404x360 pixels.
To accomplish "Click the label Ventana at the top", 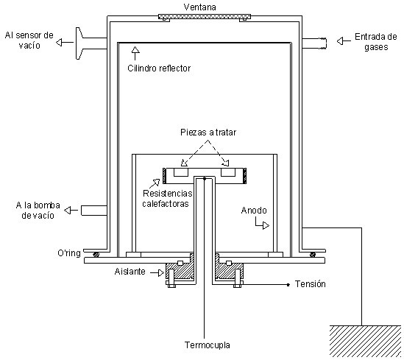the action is click(199, 7).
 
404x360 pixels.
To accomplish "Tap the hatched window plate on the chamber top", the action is click(205, 17).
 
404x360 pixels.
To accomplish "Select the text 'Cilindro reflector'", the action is click(159, 68).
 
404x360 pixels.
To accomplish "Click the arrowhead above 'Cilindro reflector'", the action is click(135, 50).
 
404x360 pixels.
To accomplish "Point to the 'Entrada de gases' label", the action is click(375, 42).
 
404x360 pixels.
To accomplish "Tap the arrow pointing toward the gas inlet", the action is click(344, 41).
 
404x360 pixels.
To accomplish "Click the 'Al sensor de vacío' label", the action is click(29, 40).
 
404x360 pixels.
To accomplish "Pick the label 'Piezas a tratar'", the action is click(208, 133).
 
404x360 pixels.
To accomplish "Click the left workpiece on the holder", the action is click(181, 172).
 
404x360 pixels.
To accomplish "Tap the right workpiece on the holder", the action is click(228, 172).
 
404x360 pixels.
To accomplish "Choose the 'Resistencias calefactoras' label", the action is click(167, 199).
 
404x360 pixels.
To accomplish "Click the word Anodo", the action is click(254, 211).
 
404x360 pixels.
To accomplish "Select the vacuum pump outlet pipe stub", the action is click(94, 211).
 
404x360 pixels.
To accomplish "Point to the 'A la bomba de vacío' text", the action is click(38, 211).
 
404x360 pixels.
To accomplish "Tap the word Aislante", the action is click(130, 272).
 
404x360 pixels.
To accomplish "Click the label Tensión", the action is click(311, 284).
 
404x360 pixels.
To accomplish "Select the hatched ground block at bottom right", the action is click(365, 342).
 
